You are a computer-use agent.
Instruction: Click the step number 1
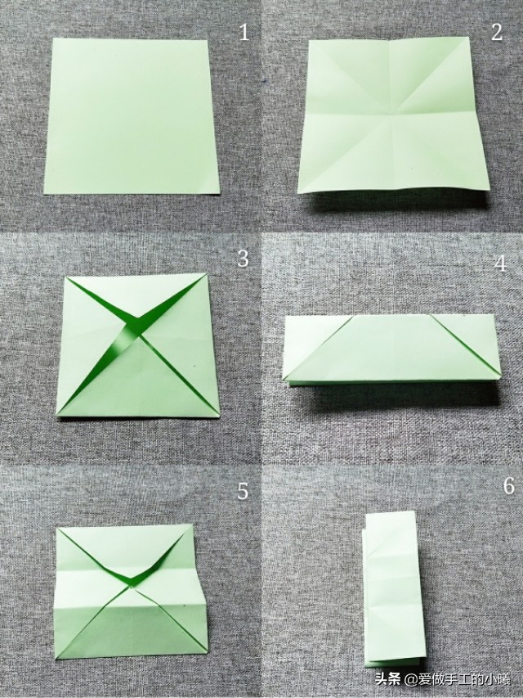pos(244,33)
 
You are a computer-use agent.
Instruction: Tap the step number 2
pos(497,32)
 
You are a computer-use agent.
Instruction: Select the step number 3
pos(243,259)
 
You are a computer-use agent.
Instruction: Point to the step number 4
pos(501,263)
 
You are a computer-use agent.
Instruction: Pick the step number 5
pos(243,491)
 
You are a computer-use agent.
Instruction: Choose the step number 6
pos(509,486)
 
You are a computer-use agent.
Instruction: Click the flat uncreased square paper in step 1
pos(132,116)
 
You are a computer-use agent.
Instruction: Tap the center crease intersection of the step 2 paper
pos(391,115)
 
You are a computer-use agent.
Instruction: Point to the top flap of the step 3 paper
pos(136,294)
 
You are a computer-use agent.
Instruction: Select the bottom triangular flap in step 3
pos(139,383)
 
